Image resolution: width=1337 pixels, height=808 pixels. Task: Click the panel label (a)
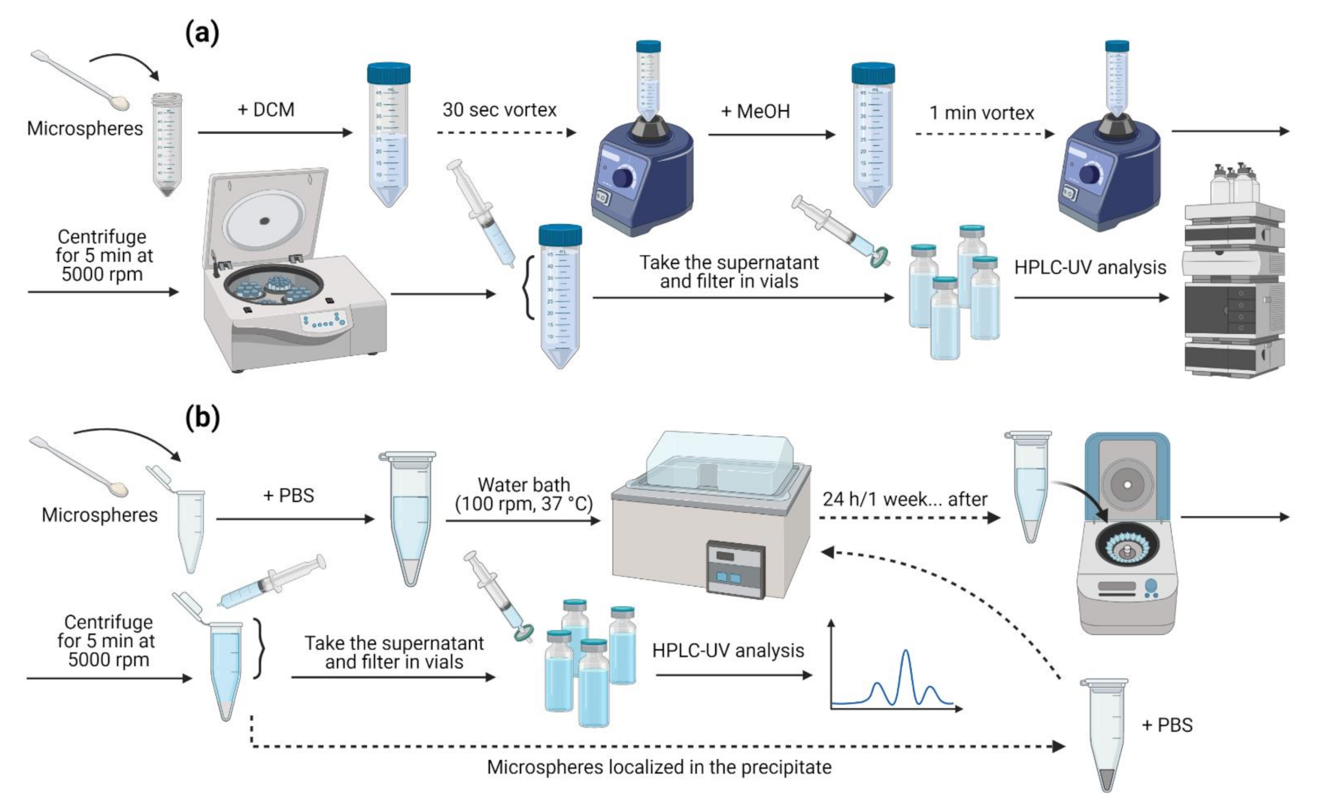pos(202,33)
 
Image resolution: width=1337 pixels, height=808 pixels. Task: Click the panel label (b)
pos(202,418)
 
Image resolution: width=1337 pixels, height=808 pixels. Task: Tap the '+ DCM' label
pos(266,110)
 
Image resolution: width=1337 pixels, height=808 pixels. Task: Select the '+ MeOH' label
pos(755,111)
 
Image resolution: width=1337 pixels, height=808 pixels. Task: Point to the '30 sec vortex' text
pos(499,110)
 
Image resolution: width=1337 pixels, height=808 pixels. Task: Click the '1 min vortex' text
pos(981,113)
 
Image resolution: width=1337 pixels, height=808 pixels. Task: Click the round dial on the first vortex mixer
pos(623,178)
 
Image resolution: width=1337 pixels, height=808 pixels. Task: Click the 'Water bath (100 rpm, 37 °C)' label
pos(523,494)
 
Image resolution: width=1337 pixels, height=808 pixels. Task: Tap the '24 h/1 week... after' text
pos(905,500)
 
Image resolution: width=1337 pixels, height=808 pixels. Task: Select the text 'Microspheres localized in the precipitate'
pos(659,767)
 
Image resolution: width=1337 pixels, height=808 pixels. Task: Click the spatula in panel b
pos(79,466)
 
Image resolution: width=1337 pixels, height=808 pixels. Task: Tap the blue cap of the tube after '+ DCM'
pos(389,73)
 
